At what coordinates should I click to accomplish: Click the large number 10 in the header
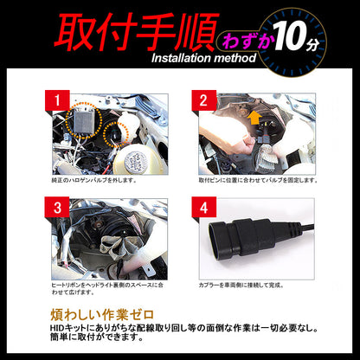click(x=294, y=38)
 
